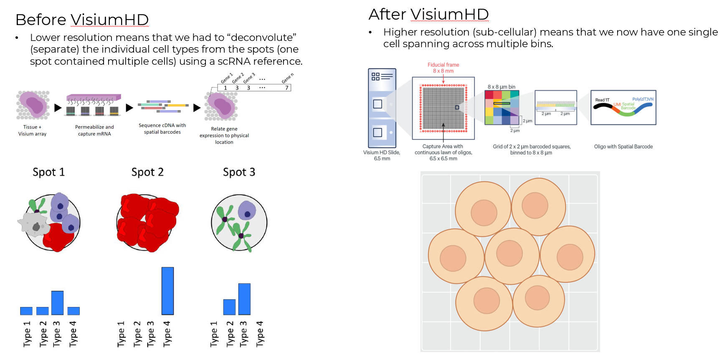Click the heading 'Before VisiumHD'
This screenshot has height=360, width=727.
tap(82, 20)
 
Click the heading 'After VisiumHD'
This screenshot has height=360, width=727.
tap(428, 14)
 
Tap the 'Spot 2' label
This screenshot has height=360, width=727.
tap(147, 172)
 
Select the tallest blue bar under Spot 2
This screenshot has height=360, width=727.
tap(167, 291)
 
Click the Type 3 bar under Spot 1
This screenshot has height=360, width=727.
tap(57, 303)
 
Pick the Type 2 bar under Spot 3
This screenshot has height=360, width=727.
tap(229, 307)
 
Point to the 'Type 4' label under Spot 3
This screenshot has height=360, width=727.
tap(260, 334)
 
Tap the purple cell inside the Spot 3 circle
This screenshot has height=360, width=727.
tap(246, 210)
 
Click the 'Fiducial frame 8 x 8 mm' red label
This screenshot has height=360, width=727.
tap(443, 68)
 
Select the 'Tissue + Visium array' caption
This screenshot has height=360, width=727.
tap(32, 130)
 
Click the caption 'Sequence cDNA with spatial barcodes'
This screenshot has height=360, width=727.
tap(162, 129)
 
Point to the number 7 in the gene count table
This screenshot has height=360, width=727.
tap(286, 88)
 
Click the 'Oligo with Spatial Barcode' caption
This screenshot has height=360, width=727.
tap(623, 147)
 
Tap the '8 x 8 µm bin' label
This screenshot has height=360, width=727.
tap(501, 87)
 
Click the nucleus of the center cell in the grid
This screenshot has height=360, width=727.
tap(509, 254)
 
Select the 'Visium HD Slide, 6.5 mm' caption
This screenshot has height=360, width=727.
tap(382, 155)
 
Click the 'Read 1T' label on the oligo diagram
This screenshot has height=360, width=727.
tap(602, 100)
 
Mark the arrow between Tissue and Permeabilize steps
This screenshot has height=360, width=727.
tap(58, 108)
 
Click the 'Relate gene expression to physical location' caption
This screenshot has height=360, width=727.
tap(224, 135)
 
